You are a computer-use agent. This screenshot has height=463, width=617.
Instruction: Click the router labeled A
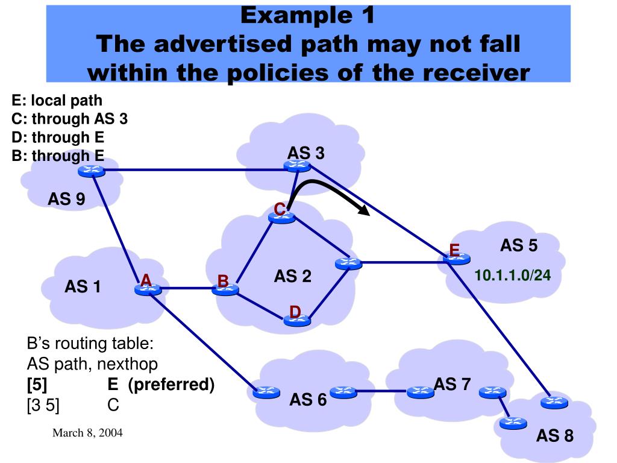pyautogui.click(x=148, y=289)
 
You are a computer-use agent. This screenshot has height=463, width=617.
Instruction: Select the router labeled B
pyautogui.click(x=226, y=290)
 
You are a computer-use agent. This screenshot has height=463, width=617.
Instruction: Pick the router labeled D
pyautogui.click(x=297, y=321)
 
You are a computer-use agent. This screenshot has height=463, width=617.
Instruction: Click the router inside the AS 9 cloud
pyautogui.click(x=92, y=172)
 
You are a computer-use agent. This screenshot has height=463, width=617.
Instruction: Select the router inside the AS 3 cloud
pyautogui.click(x=297, y=166)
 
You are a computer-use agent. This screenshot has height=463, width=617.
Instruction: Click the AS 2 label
pyautogui.click(x=293, y=276)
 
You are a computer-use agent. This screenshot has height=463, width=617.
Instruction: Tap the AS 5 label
pyautogui.click(x=519, y=245)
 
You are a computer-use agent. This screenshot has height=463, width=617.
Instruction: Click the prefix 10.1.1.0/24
pyautogui.click(x=513, y=276)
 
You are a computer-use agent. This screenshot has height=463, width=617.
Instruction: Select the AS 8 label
pyautogui.click(x=555, y=435)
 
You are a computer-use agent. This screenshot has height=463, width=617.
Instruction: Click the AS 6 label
pyautogui.click(x=308, y=399)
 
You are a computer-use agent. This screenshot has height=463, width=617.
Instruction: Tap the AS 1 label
pyautogui.click(x=83, y=287)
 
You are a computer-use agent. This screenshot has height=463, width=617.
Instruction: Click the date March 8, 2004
pyautogui.click(x=87, y=433)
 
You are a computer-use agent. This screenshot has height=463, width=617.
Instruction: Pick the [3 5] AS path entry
pyautogui.click(x=43, y=405)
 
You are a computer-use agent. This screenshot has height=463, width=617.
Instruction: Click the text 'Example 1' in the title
pyautogui.click(x=308, y=16)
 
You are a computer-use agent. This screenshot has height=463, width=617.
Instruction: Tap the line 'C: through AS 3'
pyautogui.click(x=70, y=118)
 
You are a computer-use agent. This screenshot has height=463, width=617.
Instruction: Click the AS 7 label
pyautogui.click(x=452, y=383)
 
